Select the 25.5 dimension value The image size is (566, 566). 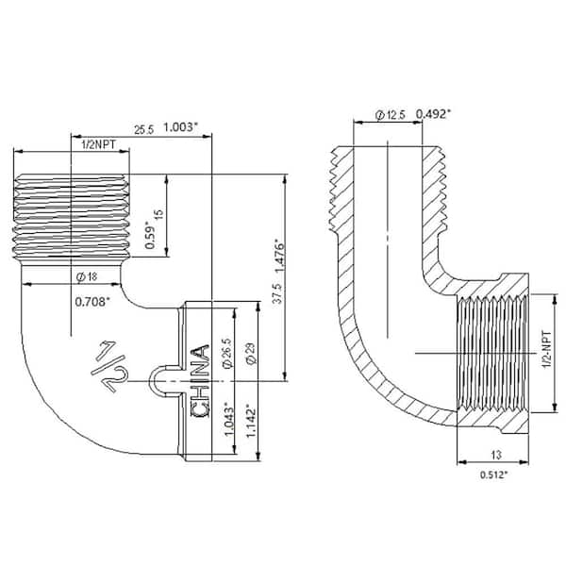tap(144, 129)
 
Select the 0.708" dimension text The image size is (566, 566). tap(92, 302)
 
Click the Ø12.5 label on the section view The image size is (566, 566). tap(390, 114)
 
